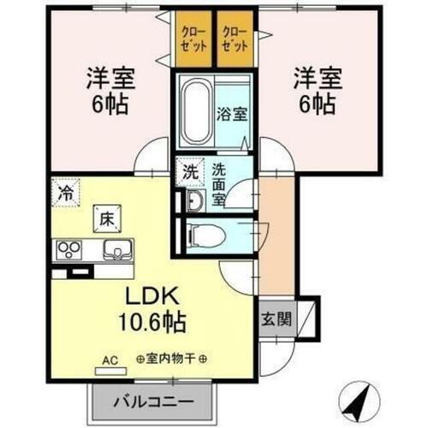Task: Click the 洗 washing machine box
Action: pos(189,170)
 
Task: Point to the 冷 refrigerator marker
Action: pos(66,190)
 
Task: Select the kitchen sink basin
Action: pos(114,250)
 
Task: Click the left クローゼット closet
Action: pos(193,40)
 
